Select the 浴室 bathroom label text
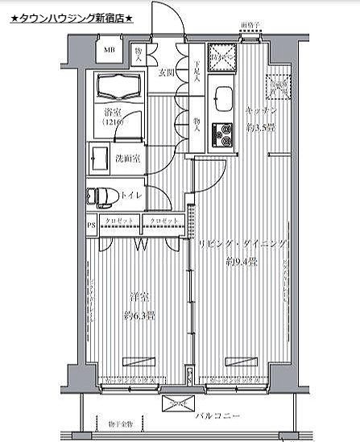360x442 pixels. (x=112, y=113)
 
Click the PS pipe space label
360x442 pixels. (x=91, y=225)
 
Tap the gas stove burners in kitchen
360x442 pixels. (x=221, y=134)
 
